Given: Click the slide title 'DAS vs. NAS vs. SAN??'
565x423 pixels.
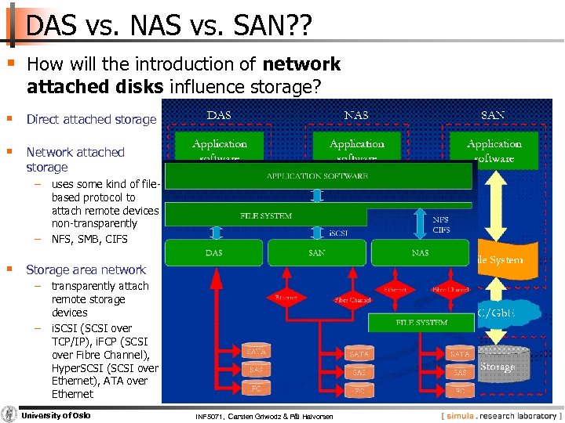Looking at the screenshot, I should [169, 26].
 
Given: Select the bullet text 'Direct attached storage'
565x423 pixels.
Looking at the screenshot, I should [91, 120].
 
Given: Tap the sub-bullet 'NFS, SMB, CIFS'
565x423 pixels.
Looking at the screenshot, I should [89, 239].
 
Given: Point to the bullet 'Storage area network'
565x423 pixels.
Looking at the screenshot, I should [86, 269].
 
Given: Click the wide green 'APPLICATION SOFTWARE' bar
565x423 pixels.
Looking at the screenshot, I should [318, 176].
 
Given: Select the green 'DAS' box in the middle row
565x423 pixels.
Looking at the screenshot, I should [213, 253].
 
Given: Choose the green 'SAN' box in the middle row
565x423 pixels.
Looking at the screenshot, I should [316, 253].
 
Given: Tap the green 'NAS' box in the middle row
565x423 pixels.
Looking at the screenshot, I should [420, 253].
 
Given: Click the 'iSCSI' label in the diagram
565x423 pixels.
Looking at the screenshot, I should [338, 233].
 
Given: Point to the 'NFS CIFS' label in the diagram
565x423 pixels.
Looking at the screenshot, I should [442, 225].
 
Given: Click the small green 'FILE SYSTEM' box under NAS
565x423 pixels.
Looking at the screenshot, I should [421, 322].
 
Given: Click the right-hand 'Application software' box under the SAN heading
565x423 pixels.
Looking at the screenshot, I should [494, 150].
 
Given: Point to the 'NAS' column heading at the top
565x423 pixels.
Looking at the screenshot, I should [355, 115].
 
